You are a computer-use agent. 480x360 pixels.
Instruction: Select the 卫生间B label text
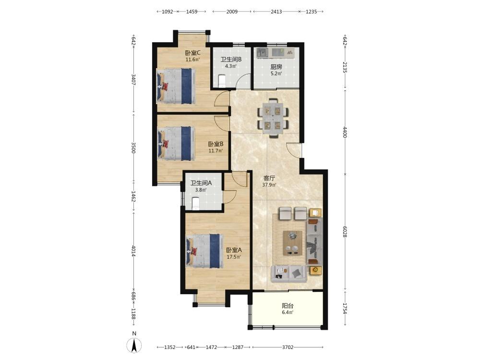click(231, 60)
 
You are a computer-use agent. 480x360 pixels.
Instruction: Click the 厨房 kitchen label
click(276, 67)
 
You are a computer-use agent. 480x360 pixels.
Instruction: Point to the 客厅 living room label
click(269, 178)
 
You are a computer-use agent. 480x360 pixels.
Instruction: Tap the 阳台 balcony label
click(288, 305)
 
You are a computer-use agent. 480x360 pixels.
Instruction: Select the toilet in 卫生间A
click(196, 204)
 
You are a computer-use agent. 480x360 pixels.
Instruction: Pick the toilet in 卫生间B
click(222, 82)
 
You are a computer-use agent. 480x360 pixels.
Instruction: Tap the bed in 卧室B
click(176, 144)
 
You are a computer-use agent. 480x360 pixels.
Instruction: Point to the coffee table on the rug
click(293, 243)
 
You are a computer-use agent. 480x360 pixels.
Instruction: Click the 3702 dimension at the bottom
click(288, 347)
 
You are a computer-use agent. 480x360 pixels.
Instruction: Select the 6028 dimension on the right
click(345, 231)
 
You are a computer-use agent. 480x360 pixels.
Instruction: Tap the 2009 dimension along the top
click(232, 12)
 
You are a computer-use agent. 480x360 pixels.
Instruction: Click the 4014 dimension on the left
click(133, 251)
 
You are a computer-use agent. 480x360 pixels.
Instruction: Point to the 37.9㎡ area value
click(269, 185)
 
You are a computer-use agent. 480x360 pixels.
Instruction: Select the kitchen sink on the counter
click(263, 52)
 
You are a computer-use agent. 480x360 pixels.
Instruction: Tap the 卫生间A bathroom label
click(201, 183)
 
